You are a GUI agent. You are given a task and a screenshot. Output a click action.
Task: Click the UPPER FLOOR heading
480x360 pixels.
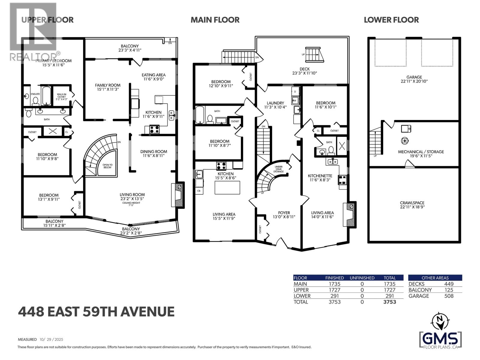47,20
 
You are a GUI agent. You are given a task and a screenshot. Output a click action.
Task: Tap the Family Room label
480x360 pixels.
108,85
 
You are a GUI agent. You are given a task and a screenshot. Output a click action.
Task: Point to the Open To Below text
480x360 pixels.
107,166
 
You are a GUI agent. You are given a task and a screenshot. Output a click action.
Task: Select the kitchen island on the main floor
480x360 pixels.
227,187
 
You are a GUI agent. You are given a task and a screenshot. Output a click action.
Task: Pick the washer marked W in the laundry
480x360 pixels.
295,100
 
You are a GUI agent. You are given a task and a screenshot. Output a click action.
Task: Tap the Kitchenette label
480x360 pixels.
320,176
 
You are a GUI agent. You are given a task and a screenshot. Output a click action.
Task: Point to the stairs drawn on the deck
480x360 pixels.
315,54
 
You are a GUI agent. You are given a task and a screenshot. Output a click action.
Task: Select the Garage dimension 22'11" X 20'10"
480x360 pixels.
414,81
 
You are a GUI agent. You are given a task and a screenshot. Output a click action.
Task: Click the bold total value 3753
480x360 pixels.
389,302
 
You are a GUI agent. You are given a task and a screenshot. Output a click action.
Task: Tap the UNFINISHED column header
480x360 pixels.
362,278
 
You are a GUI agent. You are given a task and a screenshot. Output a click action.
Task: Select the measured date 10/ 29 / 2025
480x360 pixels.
51,340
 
